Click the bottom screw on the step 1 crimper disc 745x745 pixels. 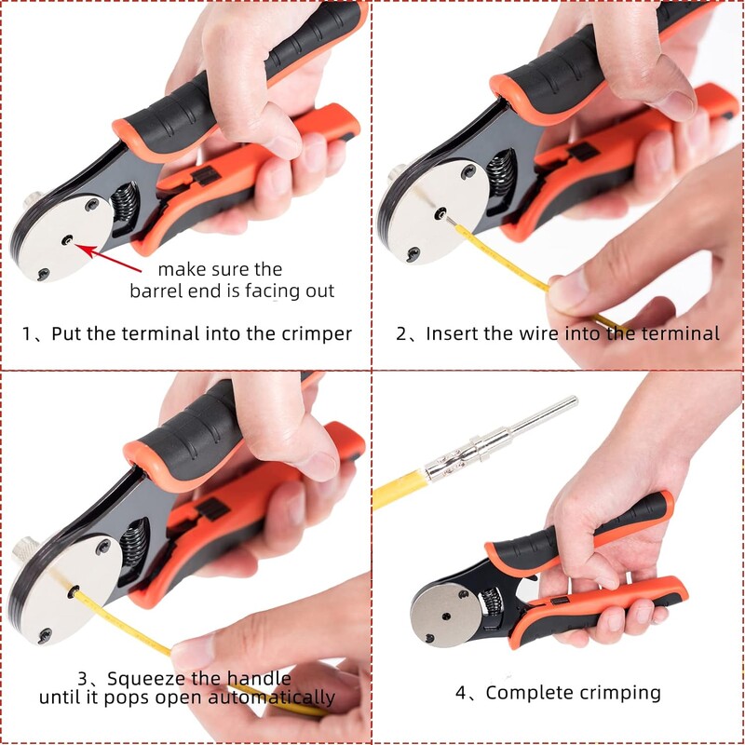(x=43, y=274)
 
